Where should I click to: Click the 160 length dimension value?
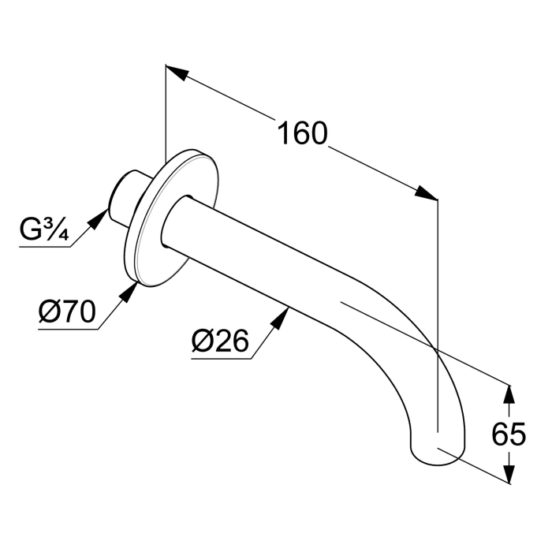point(301,133)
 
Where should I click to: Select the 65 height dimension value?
point(508,435)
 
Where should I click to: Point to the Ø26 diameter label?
point(220,341)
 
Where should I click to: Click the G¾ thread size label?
point(45,231)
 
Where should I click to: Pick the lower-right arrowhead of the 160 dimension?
point(426,193)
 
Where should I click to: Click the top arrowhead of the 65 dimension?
point(509,393)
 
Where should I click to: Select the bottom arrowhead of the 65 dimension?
point(509,473)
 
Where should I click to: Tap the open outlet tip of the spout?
point(435,453)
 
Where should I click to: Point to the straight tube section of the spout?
point(252,252)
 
